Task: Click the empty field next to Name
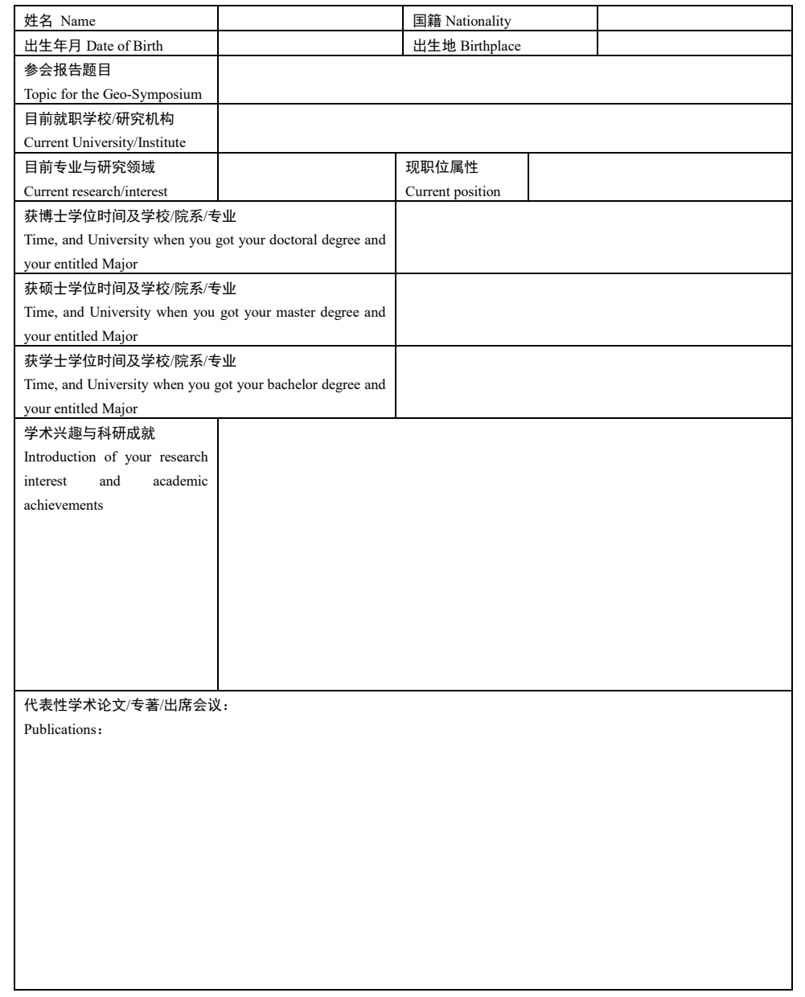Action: tap(310, 19)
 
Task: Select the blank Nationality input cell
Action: tap(695, 19)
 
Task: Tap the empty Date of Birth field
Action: tap(310, 43)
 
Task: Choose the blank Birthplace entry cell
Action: tap(695, 43)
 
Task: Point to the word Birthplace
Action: tap(491, 46)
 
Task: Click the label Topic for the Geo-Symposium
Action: tap(113, 94)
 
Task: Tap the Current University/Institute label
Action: tap(105, 142)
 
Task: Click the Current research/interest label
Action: tap(96, 191)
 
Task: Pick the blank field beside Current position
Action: tap(659, 177)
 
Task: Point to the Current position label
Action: tap(453, 191)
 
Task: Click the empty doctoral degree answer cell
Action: tap(593, 237)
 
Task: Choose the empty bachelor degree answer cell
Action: tap(593, 382)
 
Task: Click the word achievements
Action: tap(64, 505)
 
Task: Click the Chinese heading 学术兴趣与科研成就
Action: tap(89, 433)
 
